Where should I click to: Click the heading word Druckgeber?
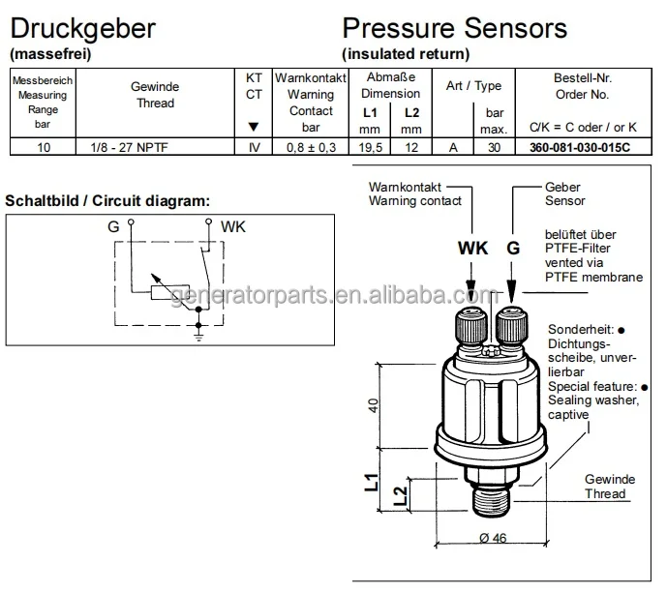[81, 28]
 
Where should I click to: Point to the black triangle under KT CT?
[254, 127]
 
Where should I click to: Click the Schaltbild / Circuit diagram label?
[107, 200]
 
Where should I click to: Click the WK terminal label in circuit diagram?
[233, 226]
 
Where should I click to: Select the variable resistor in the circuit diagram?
[162, 293]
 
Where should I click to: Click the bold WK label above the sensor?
[473, 249]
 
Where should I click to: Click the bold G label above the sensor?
[513, 249]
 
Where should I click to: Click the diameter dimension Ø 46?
[494, 539]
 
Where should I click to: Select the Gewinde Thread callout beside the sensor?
[609, 487]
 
